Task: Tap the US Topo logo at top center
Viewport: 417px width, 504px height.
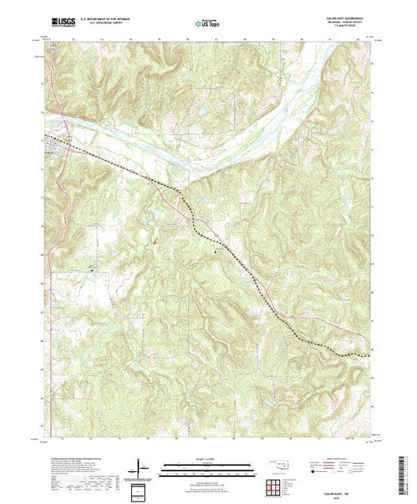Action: pos(207,23)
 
